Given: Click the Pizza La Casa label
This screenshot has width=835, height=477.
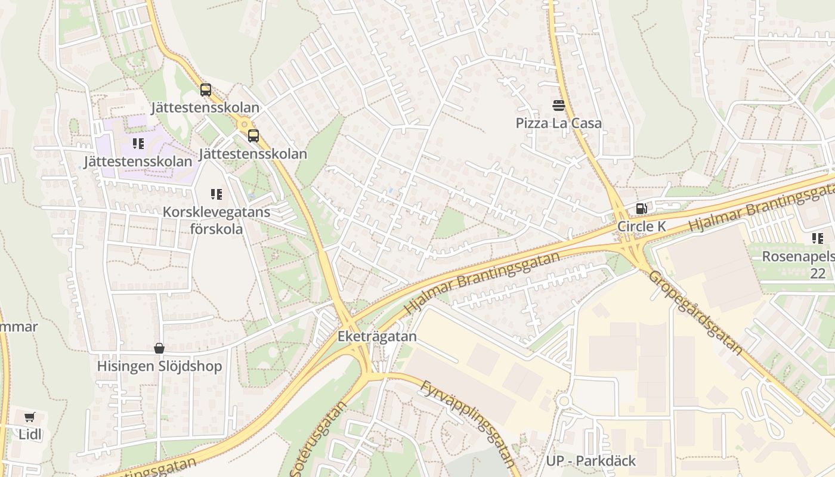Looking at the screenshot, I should [x=558, y=123].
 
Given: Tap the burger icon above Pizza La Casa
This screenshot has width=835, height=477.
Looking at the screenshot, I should [x=559, y=106].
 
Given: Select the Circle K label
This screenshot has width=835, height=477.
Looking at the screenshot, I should [x=641, y=227].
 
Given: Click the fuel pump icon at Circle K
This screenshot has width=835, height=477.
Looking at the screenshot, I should [x=642, y=209].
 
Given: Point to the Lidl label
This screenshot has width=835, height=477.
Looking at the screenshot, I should [x=30, y=434].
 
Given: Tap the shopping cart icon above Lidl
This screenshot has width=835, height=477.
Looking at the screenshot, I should [x=30, y=417].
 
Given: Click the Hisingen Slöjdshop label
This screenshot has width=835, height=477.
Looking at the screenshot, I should [x=159, y=366].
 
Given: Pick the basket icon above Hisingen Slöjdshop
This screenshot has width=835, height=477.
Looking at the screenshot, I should [x=159, y=348].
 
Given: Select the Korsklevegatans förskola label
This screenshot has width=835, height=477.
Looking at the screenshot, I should [x=216, y=220].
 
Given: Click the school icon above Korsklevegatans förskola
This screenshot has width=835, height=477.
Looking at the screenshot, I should [x=216, y=194].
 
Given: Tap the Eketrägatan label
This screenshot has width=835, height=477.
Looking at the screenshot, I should [x=377, y=336].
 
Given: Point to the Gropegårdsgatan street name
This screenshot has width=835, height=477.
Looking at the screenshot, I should [x=695, y=312].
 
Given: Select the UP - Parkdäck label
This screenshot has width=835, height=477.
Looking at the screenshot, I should [x=590, y=461].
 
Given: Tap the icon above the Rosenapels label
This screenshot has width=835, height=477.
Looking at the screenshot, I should [x=817, y=238].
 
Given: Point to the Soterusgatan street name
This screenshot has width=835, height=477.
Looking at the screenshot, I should [x=318, y=440].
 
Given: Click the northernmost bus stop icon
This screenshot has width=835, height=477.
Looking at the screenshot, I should [x=206, y=90].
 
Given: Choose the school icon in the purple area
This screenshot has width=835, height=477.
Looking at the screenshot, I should [x=138, y=144].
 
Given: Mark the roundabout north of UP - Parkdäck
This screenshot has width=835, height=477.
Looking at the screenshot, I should [x=564, y=401].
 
